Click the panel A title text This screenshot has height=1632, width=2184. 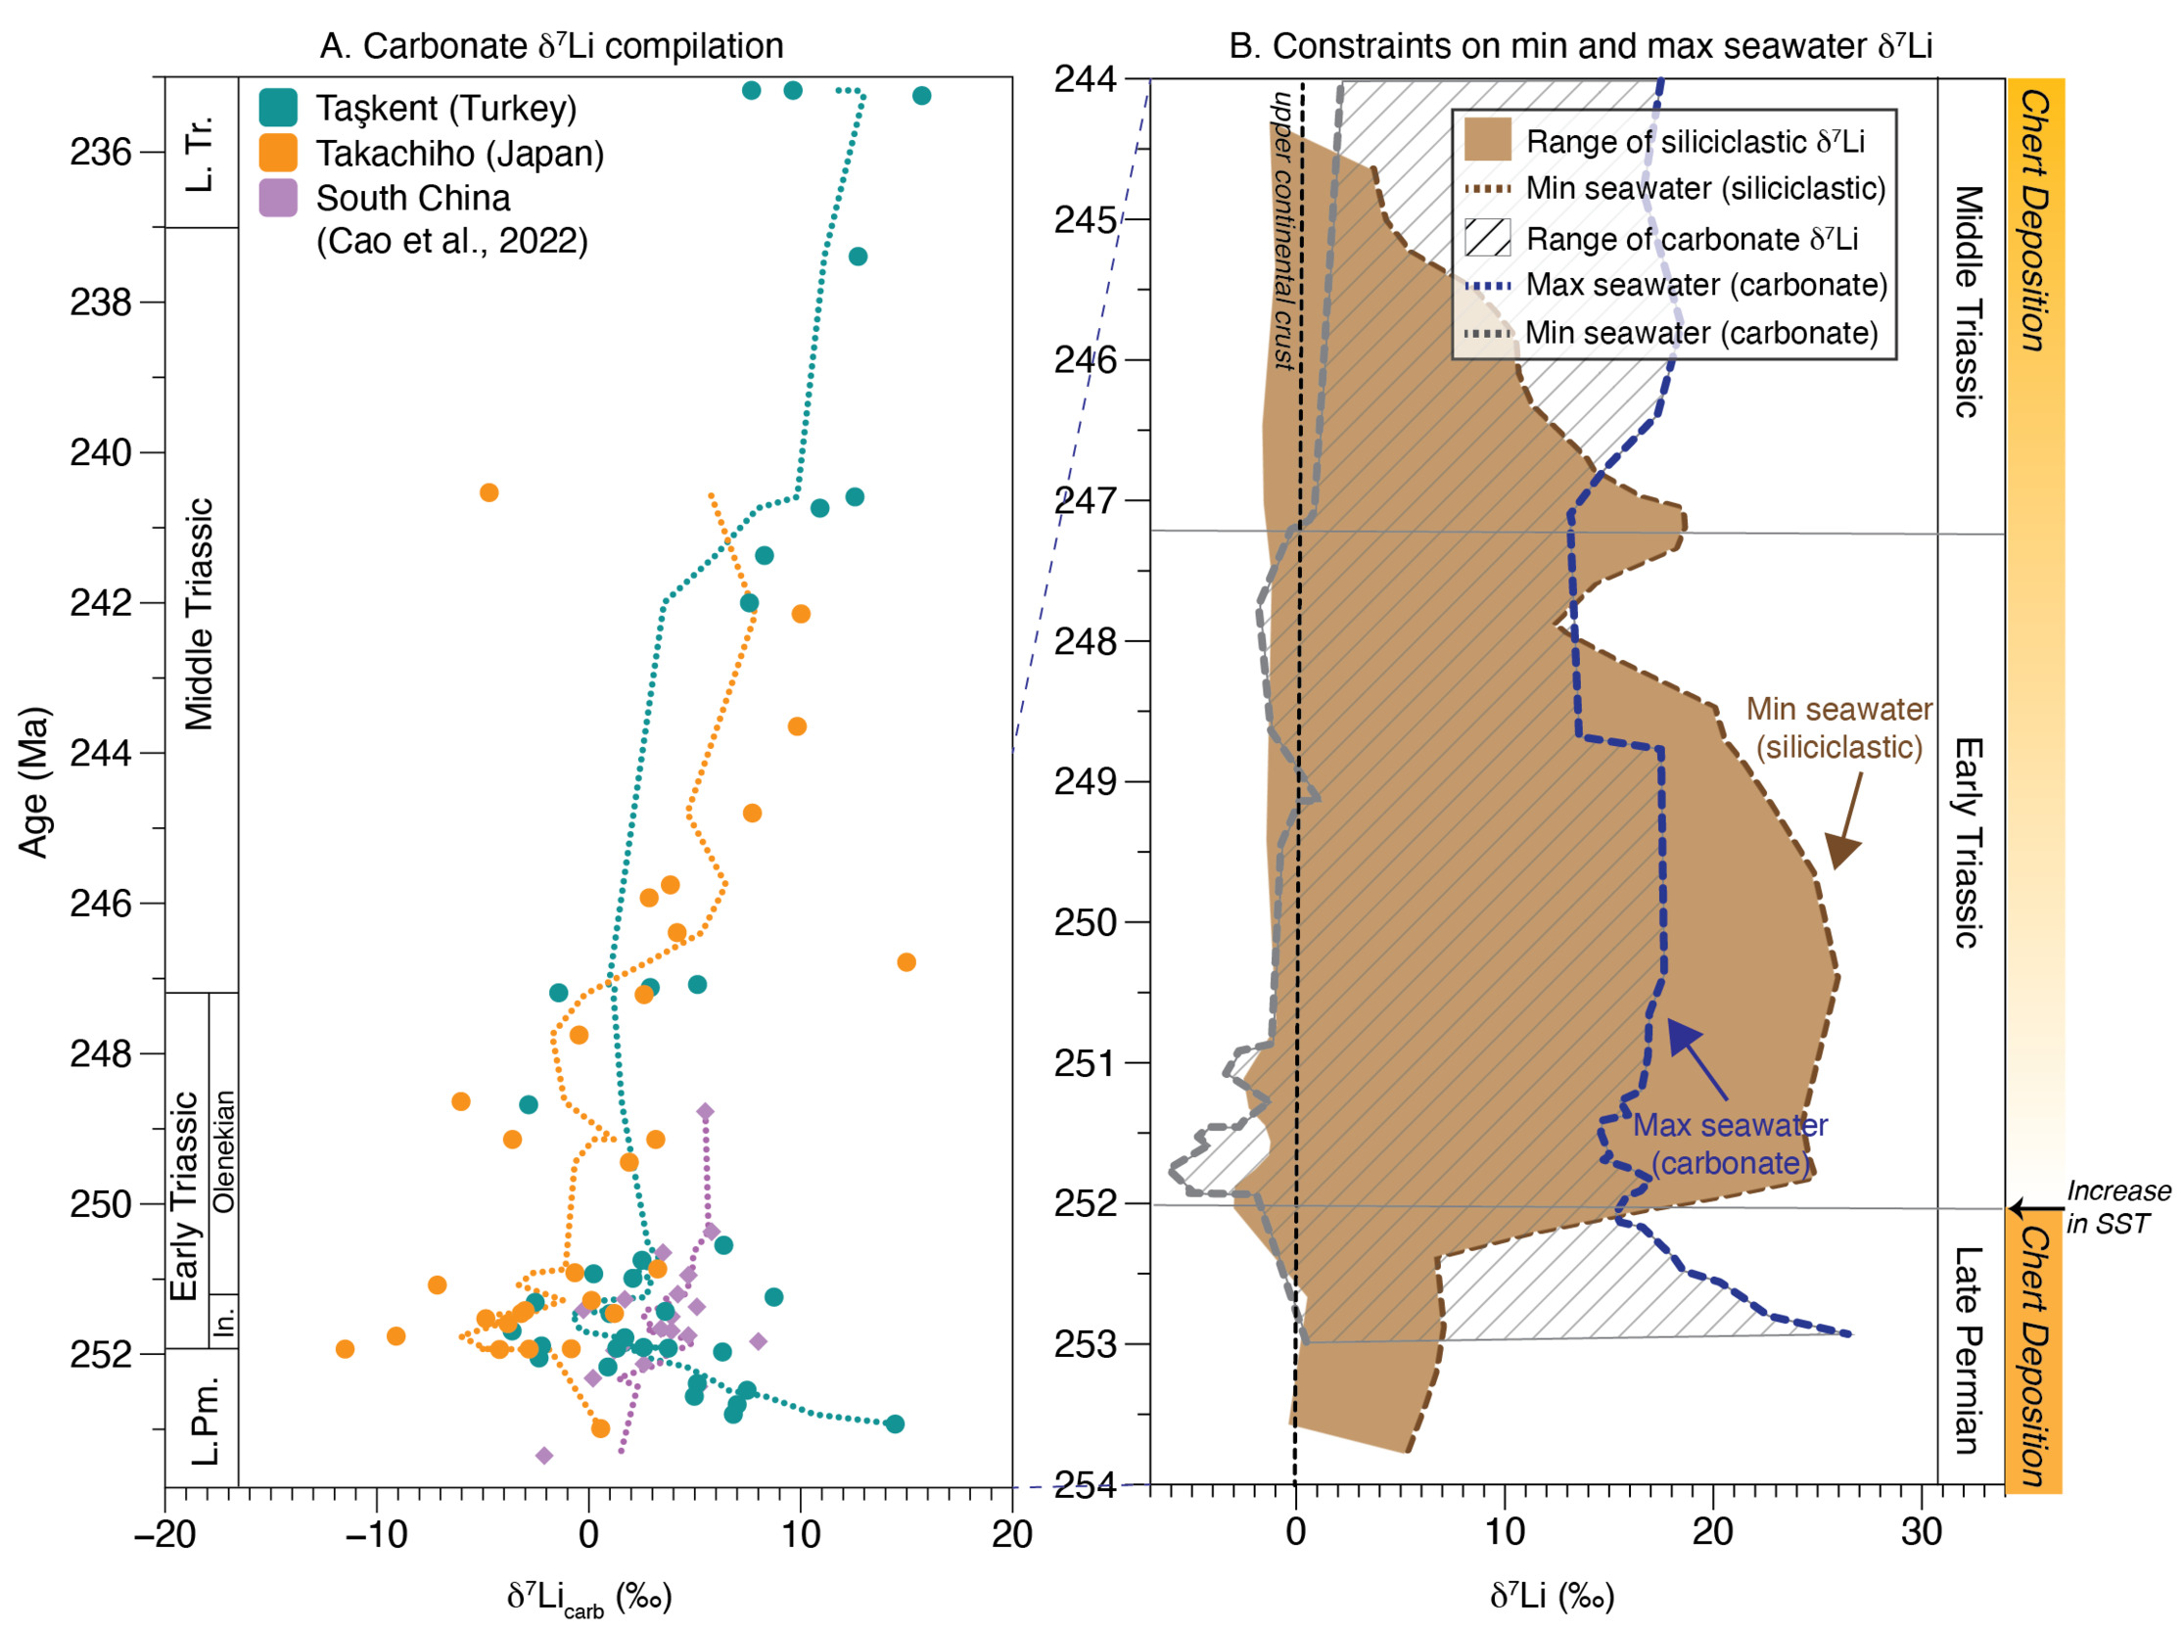coord(551,45)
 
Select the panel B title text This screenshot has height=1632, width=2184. coord(1580,45)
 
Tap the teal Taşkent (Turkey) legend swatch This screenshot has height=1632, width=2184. coord(278,108)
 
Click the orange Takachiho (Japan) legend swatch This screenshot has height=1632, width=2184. coord(278,153)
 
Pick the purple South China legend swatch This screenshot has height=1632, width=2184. coord(278,198)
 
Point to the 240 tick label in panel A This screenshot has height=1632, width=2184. coord(100,453)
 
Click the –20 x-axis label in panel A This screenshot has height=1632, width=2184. coord(163,1534)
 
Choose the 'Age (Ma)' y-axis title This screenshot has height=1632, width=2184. coord(33,782)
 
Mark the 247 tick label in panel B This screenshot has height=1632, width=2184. coord(1087,500)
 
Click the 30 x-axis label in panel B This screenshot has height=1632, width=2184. coord(1921,1532)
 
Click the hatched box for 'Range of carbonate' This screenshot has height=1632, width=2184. coord(1487,238)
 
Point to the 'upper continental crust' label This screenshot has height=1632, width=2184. coord(1282,230)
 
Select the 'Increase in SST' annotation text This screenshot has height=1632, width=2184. coord(2116,1206)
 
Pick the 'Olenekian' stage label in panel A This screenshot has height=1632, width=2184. coord(225,1151)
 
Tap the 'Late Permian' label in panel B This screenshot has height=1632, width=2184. coord(1968,1351)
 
